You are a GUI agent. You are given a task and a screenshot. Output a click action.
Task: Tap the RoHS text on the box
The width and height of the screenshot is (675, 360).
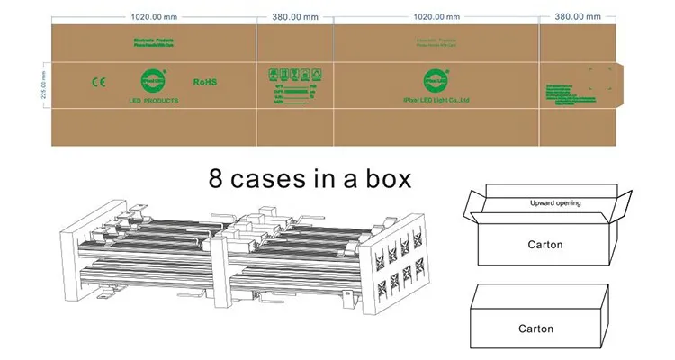pyautogui.click(x=205, y=82)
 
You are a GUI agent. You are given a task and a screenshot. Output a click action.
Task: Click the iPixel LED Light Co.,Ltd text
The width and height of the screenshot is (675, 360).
pyautogui.click(x=436, y=101)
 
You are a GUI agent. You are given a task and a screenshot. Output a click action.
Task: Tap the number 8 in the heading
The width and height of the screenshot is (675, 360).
pyautogui.click(x=216, y=177)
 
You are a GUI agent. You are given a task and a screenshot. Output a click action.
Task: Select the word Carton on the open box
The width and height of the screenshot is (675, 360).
pyautogui.click(x=544, y=244)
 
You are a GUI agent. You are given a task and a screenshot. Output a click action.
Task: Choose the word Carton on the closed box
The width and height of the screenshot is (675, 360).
pyautogui.click(x=536, y=328)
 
